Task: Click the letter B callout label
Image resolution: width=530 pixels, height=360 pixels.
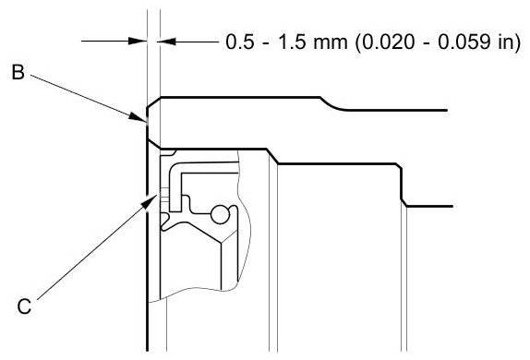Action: [x=18, y=72]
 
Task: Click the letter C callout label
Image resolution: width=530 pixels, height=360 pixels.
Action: [x=24, y=307]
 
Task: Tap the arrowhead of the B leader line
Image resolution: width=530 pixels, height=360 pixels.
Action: [x=139, y=117]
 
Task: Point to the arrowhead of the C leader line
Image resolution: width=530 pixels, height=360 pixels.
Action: [x=150, y=201]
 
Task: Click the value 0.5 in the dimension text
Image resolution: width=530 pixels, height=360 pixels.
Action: [x=240, y=42]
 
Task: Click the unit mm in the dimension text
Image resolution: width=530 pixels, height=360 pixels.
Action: [x=331, y=44]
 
